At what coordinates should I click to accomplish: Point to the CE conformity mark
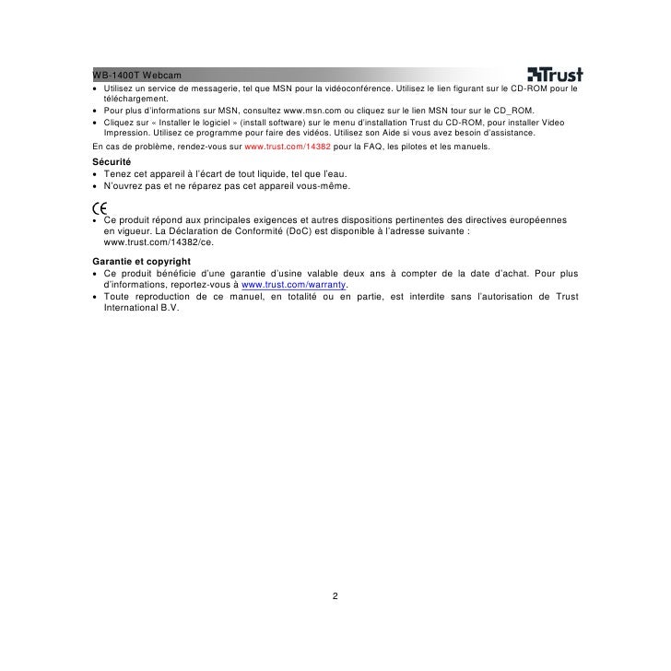[x=100, y=207]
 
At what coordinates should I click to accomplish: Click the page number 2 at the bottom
[x=335, y=595]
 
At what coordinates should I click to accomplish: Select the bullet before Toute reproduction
[x=95, y=297]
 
